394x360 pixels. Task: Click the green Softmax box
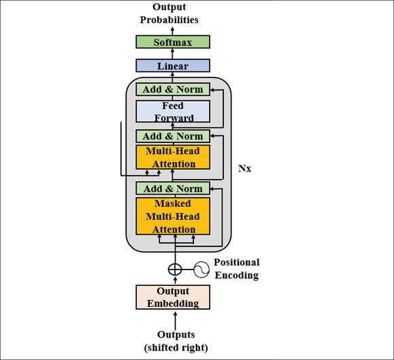(173, 42)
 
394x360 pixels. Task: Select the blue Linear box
(173, 65)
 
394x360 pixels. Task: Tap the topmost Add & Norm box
(173, 89)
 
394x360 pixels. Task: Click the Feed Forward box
(173, 112)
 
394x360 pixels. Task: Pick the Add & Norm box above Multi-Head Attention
(173, 136)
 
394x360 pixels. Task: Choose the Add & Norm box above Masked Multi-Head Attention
(173, 189)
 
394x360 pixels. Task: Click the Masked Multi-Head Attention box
(173, 216)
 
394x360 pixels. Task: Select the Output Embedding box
(173, 297)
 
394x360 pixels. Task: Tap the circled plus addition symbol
(175, 269)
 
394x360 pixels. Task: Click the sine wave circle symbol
(201, 269)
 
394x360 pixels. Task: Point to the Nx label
(244, 168)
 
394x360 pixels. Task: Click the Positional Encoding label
(236, 269)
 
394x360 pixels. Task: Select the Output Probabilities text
(169, 14)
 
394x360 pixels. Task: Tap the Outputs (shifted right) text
(176, 341)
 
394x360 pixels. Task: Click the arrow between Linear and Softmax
(173, 54)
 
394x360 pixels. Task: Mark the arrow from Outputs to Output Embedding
(175, 321)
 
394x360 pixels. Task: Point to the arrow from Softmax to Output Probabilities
(173, 31)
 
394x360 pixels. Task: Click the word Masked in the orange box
(173, 203)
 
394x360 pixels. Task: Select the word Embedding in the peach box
(173, 304)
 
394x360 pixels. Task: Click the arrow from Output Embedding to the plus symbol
(175, 280)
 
